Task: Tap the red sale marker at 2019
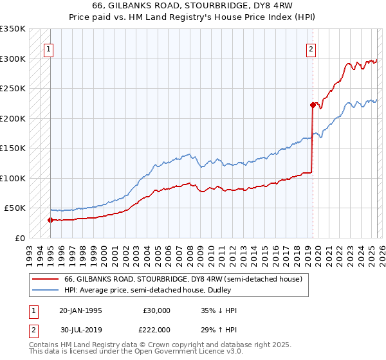coord(313,105)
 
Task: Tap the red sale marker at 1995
coord(50,220)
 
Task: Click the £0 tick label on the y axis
coord(20,238)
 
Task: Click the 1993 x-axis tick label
coord(30,251)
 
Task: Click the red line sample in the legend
coord(45,279)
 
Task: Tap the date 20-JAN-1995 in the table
coord(80,310)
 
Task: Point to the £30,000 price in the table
coord(156,310)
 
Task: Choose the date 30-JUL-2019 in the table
coord(80,330)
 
